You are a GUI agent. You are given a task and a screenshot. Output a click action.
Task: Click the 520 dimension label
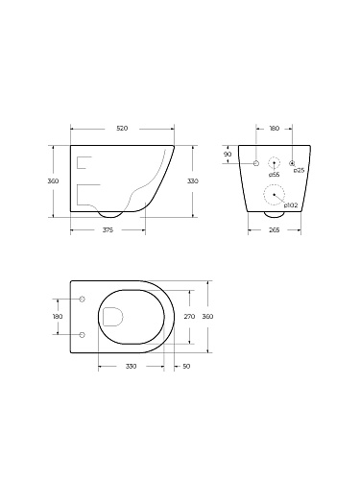(x=122, y=129)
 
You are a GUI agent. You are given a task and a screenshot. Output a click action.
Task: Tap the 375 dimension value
(x=108, y=230)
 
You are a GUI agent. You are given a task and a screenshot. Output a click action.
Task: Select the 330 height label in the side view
(x=193, y=181)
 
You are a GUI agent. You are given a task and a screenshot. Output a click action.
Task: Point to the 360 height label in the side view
(x=53, y=181)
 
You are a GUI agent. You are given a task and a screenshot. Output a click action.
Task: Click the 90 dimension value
(x=228, y=155)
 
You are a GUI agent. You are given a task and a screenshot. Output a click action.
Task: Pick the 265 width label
(x=275, y=230)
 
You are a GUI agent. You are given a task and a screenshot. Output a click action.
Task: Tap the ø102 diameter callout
(x=291, y=205)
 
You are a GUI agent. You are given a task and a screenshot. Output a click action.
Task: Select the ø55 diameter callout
(x=274, y=175)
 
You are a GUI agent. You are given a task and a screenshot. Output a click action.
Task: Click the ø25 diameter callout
(x=299, y=171)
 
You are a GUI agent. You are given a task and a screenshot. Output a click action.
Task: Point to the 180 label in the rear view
(x=275, y=129)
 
